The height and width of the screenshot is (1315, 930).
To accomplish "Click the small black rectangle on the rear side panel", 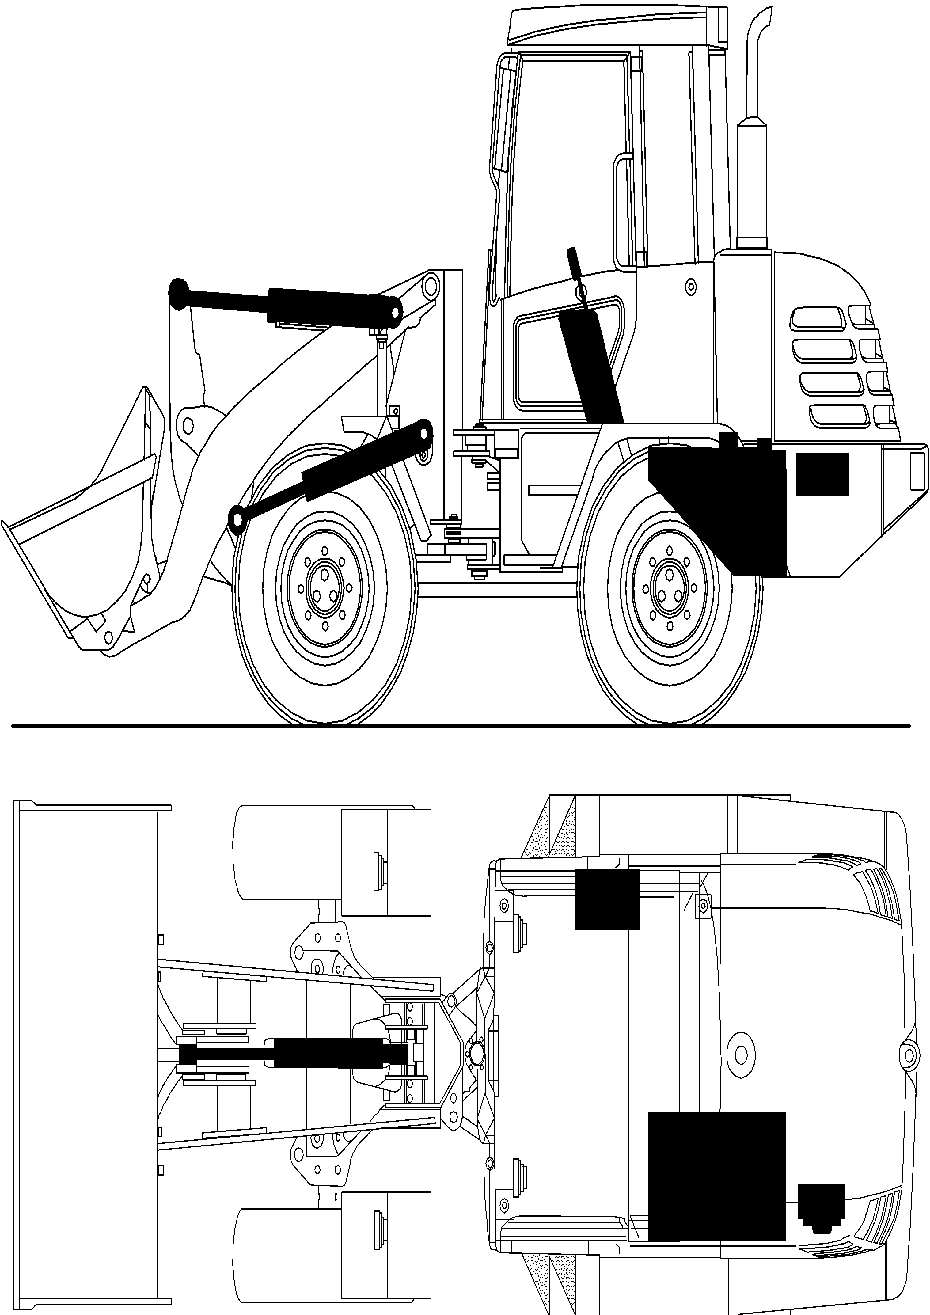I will (822, 474).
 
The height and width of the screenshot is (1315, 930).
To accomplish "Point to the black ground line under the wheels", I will (458, 726).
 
